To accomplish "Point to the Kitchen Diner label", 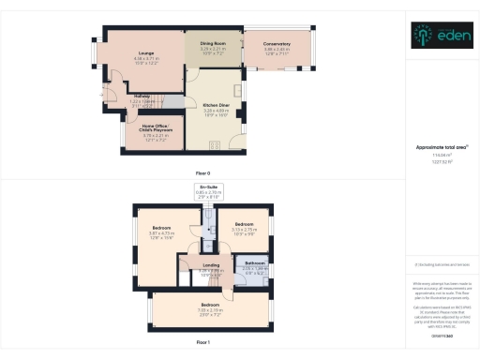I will (217, 105).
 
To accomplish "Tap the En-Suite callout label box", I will (207, 192).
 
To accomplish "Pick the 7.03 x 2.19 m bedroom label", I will (209, 306).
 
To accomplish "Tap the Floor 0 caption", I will (202, 173).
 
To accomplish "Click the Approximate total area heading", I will (440, 147).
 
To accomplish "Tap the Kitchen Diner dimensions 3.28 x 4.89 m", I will (217, 111).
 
